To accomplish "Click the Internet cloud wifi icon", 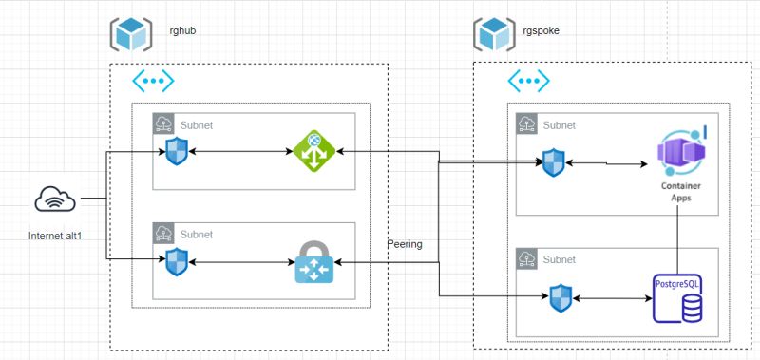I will tap(55, 199).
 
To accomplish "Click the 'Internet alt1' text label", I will tap(56, 234).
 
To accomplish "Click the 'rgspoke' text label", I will tap(541, 31).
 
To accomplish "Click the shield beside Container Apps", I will tap(553, 162).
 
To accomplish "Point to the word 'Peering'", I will tap(405, 244).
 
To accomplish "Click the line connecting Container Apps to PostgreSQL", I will tap(678, 237).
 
